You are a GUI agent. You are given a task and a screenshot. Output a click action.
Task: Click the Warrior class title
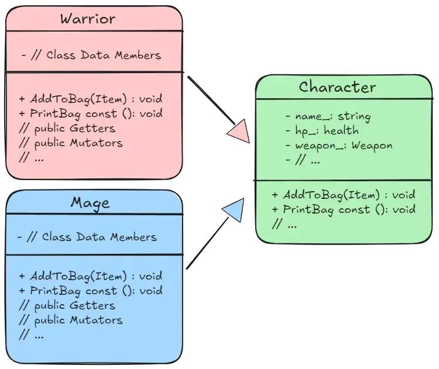pyautogui.click(x=88, y=19)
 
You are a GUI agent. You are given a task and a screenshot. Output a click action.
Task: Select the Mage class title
pyautogui.click(x=90, y=203)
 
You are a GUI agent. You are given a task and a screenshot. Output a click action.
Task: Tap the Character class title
pyautogui.click(x=337, y=87)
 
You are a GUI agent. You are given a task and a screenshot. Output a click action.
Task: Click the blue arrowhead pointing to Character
pyautogui.click(x=232, y=209)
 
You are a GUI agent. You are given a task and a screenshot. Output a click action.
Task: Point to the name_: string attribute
pyautogui.click(x=328, y=116)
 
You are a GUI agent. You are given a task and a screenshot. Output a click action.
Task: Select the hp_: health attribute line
pyautogui.click(x=322, y=130)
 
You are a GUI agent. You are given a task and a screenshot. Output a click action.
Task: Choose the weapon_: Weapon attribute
pyautogui.click(x=339, y=145)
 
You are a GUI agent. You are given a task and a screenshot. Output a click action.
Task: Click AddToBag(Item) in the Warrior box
pyautogui.click(x=91, y=98)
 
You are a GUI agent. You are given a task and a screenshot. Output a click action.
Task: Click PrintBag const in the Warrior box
pyautogui.click(x=91, y=113)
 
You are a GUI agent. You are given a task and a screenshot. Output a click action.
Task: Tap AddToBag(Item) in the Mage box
pyautogui.click(x=91, y=276)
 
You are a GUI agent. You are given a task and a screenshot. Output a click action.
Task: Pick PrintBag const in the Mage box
pyautogui.click(x=91, y=291)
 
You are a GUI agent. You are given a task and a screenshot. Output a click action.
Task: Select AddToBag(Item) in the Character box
pyautogui.click(x=344, y=195)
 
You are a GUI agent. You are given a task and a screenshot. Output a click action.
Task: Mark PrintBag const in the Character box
pyautogui.click(x=344, y=209)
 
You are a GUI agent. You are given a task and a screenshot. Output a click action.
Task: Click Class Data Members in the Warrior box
pyautogui.click(x=91, y=55)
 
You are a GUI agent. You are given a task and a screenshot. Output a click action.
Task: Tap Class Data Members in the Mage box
pyautogui.click(x=88, y=237)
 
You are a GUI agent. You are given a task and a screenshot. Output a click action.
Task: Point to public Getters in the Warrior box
pyautogui.click(x=67, y=127)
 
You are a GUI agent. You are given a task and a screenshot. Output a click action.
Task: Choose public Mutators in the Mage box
pyautogui.click(x=71, y=320)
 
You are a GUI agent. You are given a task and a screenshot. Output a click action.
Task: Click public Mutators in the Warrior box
pyautogui.click(x=71, y=142)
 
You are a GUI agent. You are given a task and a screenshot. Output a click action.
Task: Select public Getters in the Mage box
pyautogui.click(x=67, y=305)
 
